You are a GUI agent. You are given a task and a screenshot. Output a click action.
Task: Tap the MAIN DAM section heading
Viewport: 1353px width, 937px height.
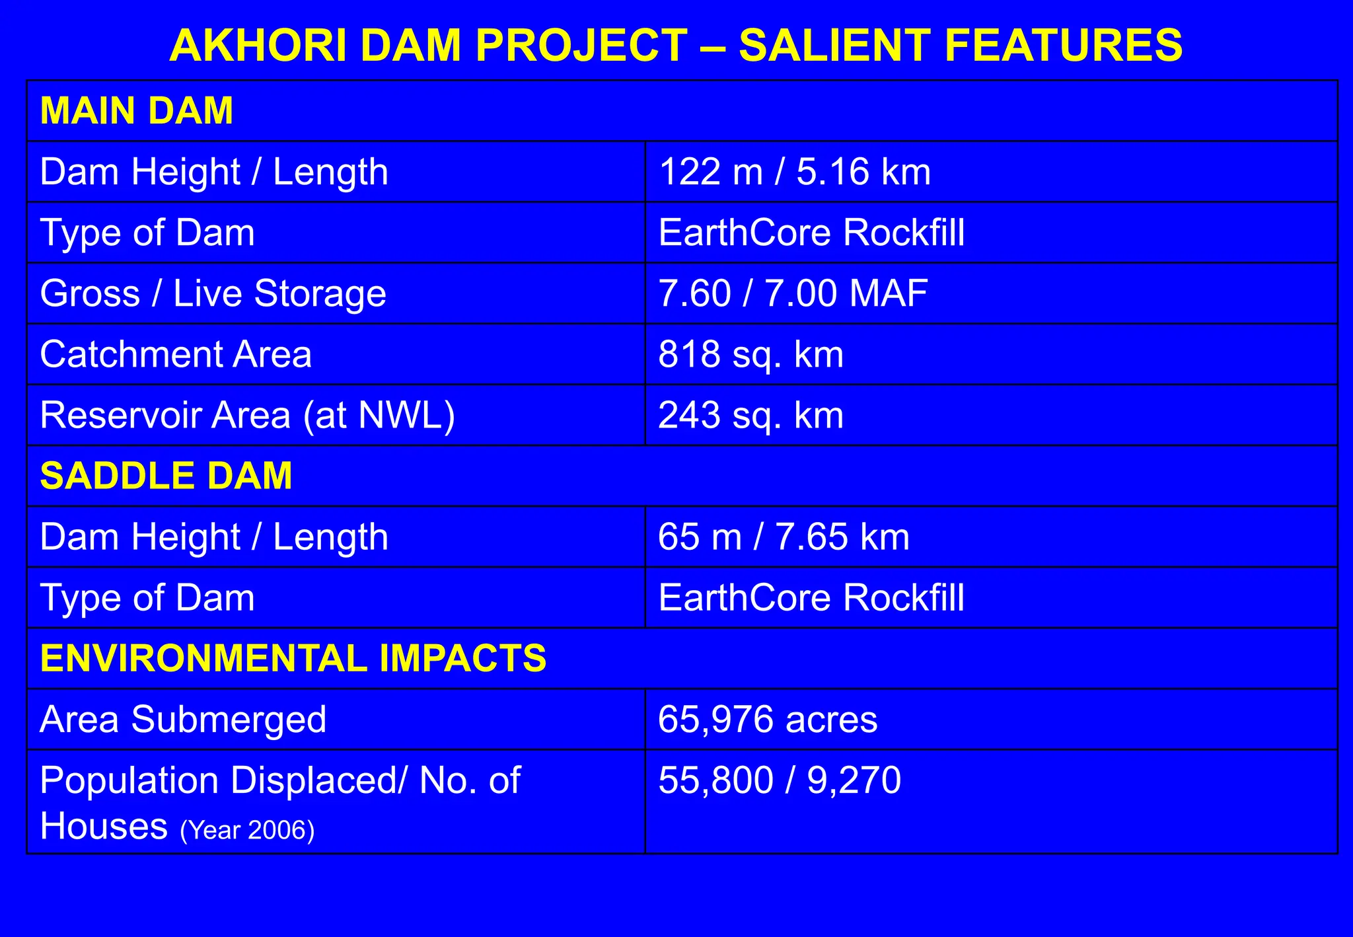tap(137, 110)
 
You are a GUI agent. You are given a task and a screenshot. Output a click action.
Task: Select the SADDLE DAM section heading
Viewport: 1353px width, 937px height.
tap(166, 476)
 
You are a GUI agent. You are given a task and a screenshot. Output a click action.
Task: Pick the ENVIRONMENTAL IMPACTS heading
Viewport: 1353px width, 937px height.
tap(293, 658)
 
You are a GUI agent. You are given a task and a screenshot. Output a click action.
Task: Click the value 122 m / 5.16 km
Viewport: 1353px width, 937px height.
tap(795, 172)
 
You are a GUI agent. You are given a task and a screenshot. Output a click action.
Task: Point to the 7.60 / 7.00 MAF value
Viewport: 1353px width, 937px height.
tap(793, 293)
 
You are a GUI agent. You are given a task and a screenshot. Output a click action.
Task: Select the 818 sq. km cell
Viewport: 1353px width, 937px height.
tap(750, 354)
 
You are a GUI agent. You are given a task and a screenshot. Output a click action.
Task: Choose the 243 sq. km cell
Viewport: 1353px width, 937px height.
tap(750, 415)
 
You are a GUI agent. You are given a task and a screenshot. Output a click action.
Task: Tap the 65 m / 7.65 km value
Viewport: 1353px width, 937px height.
tap(784, 537)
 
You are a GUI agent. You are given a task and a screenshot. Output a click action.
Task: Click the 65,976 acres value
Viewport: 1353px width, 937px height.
tap(768, 719)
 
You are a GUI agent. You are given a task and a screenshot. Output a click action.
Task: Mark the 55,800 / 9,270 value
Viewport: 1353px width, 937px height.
tap(780, 780)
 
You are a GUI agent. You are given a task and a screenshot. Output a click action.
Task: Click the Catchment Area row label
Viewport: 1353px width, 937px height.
tap(176, 354)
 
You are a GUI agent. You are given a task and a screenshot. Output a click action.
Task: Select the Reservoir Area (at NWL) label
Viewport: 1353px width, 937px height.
tap(248, 415)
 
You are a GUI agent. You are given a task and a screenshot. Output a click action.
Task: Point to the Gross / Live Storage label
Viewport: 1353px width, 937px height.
tap(213, 293)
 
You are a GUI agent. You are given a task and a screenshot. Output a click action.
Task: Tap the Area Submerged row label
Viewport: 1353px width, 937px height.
tap(183, 719)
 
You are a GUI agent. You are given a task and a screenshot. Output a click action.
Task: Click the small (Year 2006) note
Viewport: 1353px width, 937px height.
tap(247, 830)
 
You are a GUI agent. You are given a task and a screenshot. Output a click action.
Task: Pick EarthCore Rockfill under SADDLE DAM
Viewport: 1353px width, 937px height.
tap(811, 597)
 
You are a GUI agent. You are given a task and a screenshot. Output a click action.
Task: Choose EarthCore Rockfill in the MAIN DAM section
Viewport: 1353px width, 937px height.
tap(811, 233)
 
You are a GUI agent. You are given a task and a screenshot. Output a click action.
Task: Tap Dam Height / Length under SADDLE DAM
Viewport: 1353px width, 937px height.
tap(214, 537)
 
